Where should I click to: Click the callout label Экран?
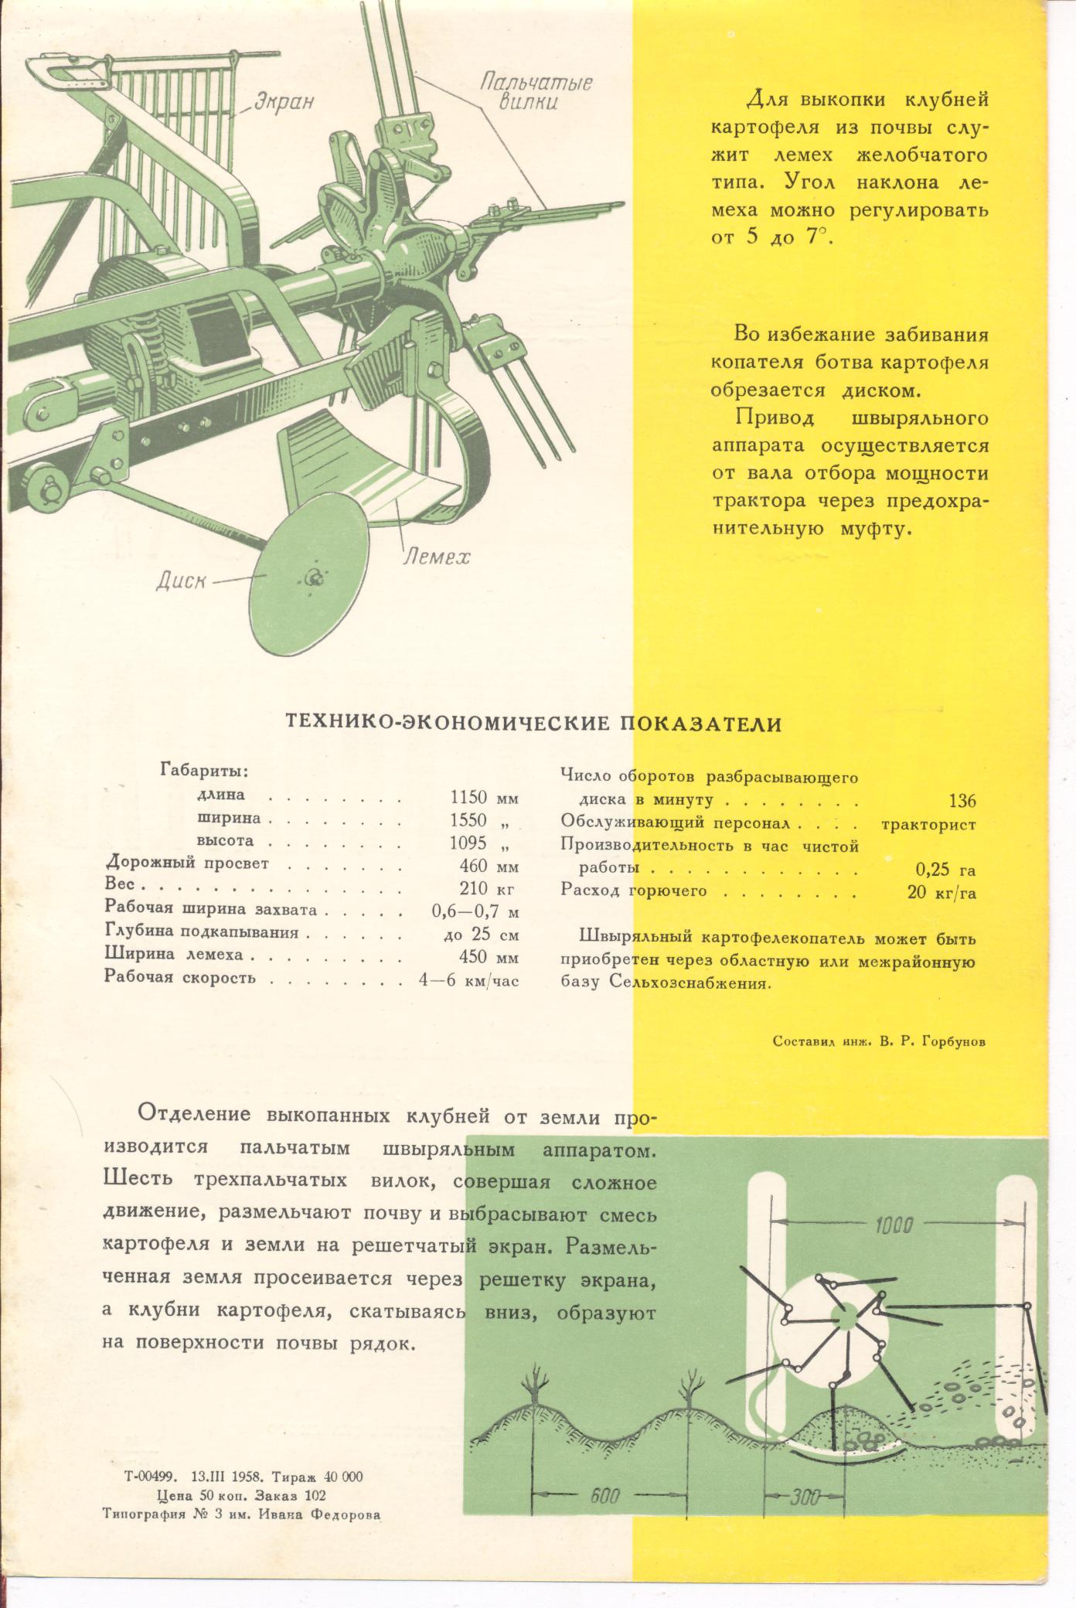click(x=282, y=102)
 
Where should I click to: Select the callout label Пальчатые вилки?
click(x=536, y=91)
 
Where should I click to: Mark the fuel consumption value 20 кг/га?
click(x=941, y=892)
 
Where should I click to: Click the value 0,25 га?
click(x=945, y=869)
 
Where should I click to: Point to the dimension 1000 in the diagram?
click(x=895, y=1226)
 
